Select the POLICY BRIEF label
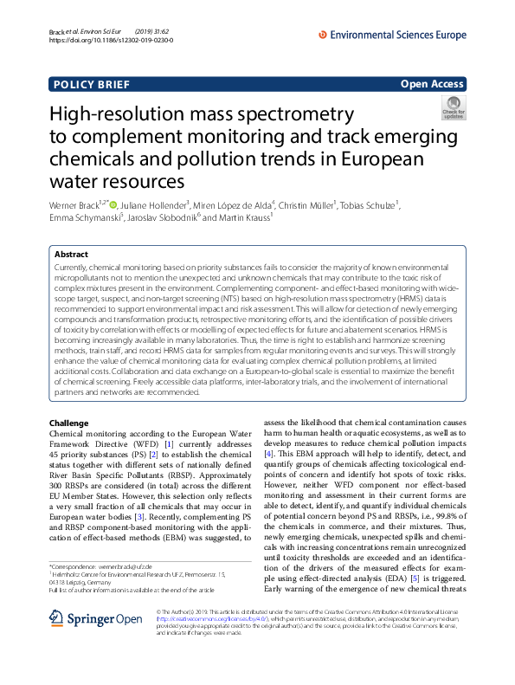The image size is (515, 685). point(92,84)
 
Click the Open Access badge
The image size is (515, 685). point(433,84)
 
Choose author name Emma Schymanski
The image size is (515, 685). point(80,219)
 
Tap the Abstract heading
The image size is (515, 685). point(71,255)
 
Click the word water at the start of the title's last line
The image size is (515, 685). point(77,181)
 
